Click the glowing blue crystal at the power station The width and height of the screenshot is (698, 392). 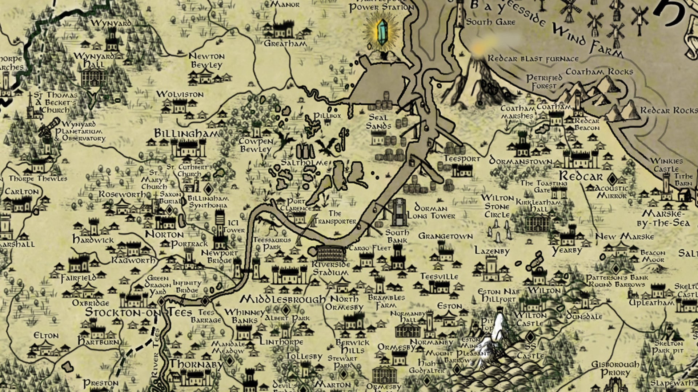click(381, 32)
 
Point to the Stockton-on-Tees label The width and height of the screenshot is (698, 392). click(139, 312)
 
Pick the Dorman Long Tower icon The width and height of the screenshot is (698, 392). click(399, 212)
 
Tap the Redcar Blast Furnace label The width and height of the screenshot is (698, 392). click(533, 58)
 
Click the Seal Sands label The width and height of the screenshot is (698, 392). click(378, 122)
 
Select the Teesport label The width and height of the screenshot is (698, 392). click(462, 159)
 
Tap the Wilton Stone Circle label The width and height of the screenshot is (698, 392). click(497, 207)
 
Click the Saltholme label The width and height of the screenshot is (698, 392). click(304, 163)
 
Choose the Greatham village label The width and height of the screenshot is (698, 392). click(285, 44)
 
